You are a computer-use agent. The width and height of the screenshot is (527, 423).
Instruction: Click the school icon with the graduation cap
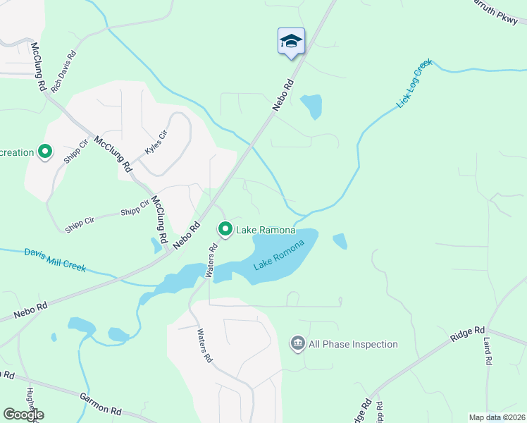click(x=291, y=41)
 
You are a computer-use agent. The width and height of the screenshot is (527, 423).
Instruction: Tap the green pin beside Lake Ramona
click(x=225, y=230)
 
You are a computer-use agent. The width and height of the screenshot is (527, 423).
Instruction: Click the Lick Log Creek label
click(x=414, y=84)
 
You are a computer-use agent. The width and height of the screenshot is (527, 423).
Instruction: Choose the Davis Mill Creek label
click(x=55, y=259)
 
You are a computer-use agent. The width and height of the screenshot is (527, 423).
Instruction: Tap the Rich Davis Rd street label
click(x=63, y=66)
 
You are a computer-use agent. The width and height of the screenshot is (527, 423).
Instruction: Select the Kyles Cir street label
click(x=156, y=142)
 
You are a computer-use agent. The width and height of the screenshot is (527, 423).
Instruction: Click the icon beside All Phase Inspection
click(x=297, y=344)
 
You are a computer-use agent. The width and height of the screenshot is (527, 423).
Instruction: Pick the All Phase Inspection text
click(x=353, y=345)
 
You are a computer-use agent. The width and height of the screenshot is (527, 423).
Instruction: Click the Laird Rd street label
click(x=487, y=350)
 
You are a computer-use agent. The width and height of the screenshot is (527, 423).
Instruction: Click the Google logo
click(x=23, y=415)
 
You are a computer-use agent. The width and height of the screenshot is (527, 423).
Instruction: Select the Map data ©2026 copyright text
click(x=496, y=417)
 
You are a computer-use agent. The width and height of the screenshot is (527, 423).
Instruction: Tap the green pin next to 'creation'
click(x=45, y=152)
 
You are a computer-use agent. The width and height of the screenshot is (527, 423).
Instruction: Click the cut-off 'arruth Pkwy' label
click(x=498, y=12)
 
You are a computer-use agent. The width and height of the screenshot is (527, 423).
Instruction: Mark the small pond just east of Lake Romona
click(x=340, y=241)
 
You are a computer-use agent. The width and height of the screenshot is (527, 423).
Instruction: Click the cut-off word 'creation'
click(x=17, y=152)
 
